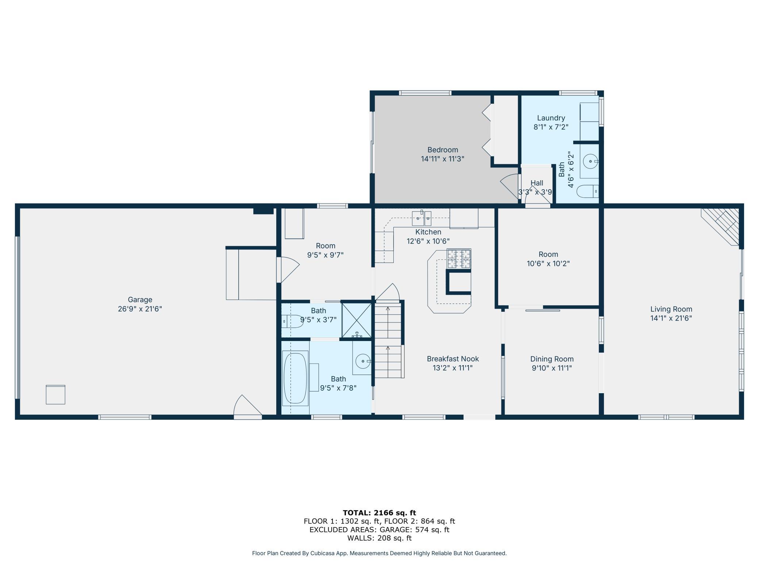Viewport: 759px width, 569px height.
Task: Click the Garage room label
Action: [140, 300]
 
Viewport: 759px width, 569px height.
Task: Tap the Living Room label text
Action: [671, 309]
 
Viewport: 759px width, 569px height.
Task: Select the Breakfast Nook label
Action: [453, 359]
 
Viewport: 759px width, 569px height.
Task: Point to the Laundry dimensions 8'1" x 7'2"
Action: [551, 127]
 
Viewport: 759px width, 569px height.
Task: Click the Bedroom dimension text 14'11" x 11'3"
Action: [443, 159]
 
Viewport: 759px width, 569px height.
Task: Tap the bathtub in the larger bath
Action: [296, 378]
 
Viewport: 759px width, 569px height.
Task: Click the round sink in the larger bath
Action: [363, 361]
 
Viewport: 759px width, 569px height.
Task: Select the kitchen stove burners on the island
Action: [459, 259]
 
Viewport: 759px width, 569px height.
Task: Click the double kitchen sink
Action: [421, 218]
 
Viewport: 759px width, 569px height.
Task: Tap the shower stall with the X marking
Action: [357, 320]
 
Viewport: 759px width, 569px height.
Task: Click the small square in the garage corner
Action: [55, 395]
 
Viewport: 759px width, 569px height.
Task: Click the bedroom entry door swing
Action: [509, 186]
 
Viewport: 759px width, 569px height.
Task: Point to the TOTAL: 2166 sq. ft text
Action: [379, 513]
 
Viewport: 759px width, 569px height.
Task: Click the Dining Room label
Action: [552, 359]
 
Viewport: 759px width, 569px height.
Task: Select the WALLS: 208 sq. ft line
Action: [379, 538]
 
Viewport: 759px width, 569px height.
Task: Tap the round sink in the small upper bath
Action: [590, 161]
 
